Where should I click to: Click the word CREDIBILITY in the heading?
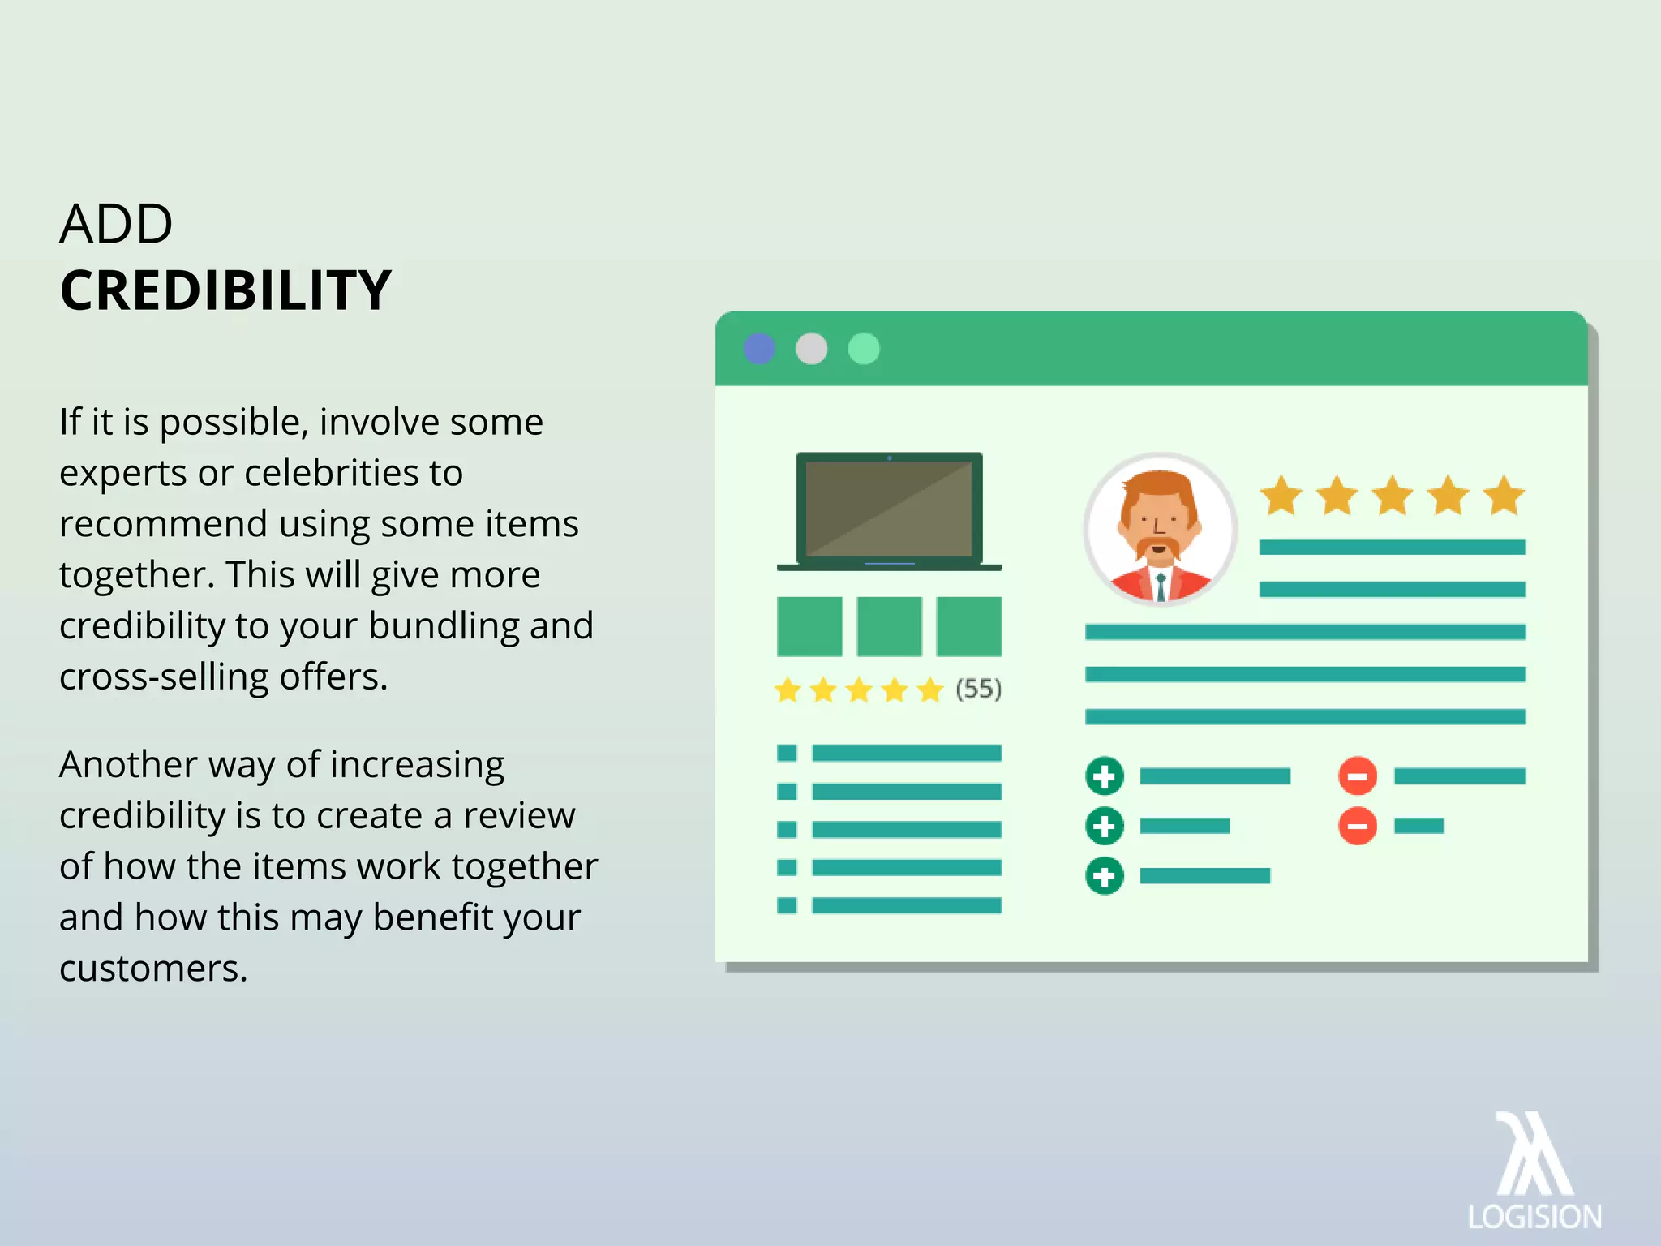[225, 290]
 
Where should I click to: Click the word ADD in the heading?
[116, 224]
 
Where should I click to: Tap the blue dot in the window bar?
[759, 349]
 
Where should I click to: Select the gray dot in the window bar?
[811, 349]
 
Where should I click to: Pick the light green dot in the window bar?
[864, 349]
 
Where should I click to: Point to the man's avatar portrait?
[1160, 530]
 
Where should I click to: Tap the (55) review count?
[978, 690]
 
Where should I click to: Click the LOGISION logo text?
[1534, 1218]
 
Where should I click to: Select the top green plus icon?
[1105, 776]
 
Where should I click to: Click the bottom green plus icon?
[1105, 876]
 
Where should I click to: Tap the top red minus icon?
[1358, 776]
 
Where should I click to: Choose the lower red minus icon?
[1358, 826]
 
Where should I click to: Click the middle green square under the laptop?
[889, 626]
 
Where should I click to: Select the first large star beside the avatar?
[1281, 496]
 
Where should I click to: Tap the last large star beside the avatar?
[1504, 496]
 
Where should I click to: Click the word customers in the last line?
[152, 969]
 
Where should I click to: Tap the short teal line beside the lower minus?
[1419, 826]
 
